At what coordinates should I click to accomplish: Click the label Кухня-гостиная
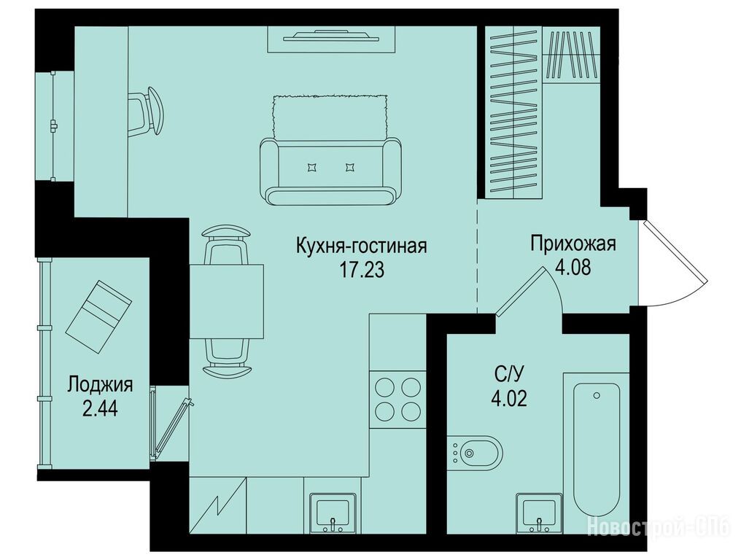tap(361, 246)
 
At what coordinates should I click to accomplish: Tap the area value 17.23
tap(362, 269)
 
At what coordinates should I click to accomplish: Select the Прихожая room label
tap(573, 244)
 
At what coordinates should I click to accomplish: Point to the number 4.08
tap(573, 268)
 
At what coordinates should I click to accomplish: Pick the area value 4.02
tap(509, 400)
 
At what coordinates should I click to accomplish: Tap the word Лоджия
tap(100, 385)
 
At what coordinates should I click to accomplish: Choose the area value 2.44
tap(100, 409)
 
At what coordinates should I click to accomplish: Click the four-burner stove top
tap(398, 399)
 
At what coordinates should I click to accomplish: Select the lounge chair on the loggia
tap(98, 316)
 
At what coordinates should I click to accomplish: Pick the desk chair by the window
tap(146, 112)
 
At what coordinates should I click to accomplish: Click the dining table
tap(226, 301)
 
